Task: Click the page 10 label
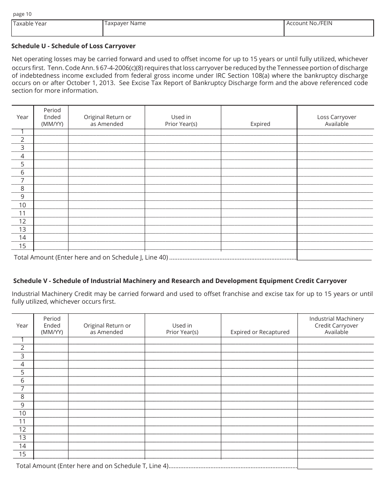tap(22, 14)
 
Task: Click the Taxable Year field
tap(57, 28)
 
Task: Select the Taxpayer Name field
tap(193, 28)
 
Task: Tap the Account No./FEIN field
tap(329, 28)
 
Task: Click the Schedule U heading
tap(73, 46)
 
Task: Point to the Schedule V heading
tap(180, 281)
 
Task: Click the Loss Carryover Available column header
tap(336, 120)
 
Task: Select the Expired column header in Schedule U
tap(260, 124)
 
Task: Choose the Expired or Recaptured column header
tap(260, 332)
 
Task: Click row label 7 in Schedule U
tap(23, 181)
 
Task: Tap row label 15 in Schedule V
tap(23, 454)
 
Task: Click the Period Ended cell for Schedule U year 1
tap(51, 132)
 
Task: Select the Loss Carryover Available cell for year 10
tap(335, 205)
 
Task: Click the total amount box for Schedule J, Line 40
tap(334, 256)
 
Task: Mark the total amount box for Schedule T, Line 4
tap(335, 465)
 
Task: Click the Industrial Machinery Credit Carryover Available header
tap(336, 325)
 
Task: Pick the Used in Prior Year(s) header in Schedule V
tap(182, 328)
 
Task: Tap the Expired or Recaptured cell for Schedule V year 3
tap(259, 356)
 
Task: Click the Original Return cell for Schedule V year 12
tap(106, 430)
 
